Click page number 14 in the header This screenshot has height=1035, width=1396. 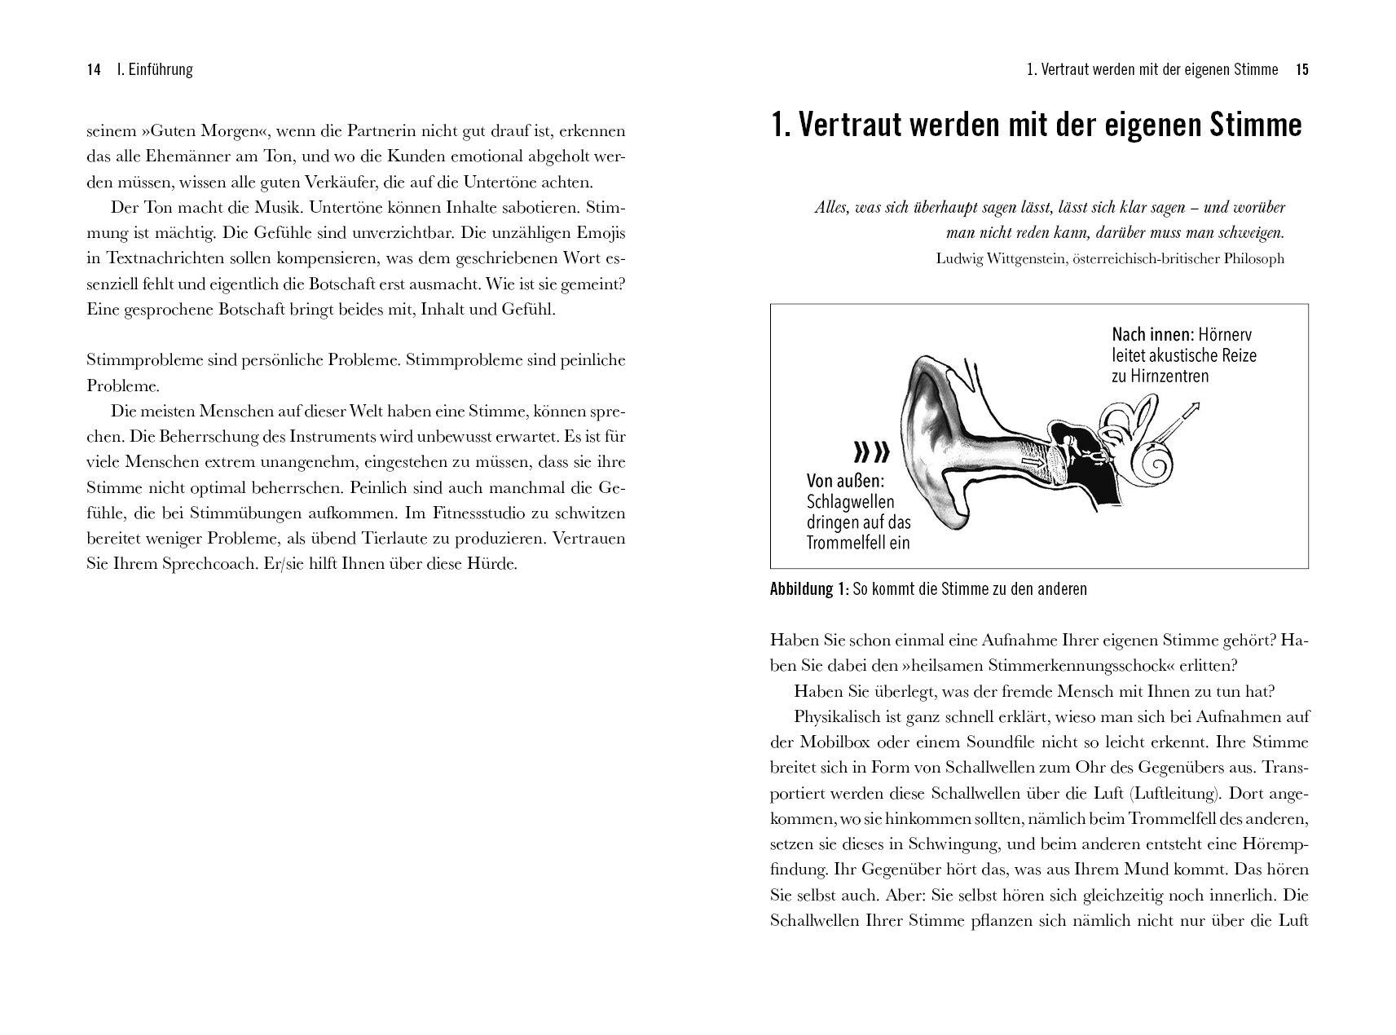click(x=93, y=70)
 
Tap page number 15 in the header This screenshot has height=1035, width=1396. click(x=1301, y=70)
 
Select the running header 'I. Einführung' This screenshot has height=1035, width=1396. click(x=155, y=70)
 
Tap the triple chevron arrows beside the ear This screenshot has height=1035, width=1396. click(x=871, y=451)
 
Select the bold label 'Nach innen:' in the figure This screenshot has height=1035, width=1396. click(x=1152, y=334)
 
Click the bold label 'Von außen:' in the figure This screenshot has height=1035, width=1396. click(x=845, y=481)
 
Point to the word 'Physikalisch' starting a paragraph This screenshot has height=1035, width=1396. click(x=833, y=718)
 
